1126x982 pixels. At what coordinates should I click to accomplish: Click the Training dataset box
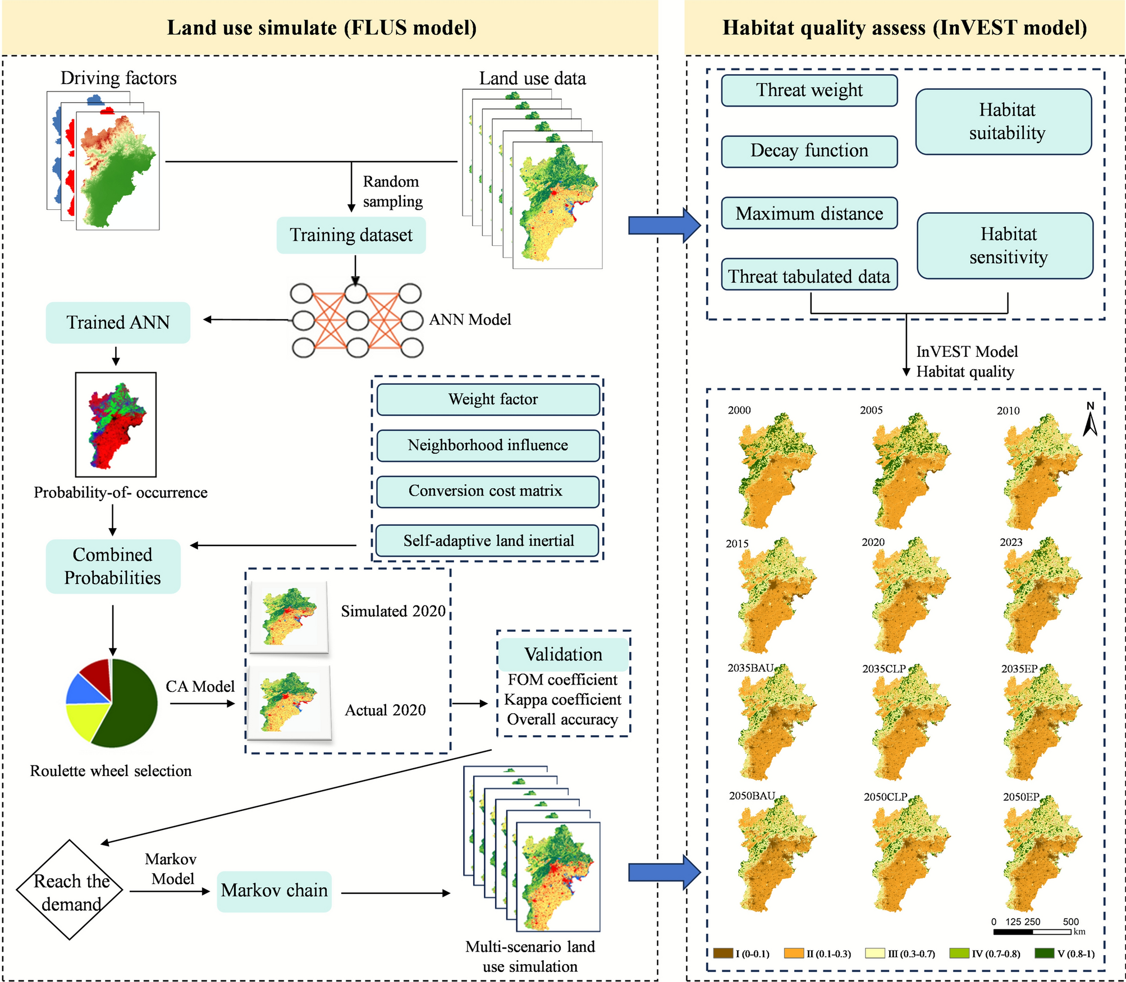tap(351, 235)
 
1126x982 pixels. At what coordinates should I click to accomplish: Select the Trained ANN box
tap(118, 323)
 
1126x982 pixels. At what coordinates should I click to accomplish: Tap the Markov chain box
tap(274, 891)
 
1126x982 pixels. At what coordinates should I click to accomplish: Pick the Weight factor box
tap(488, 400)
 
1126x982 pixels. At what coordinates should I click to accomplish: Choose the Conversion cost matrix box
tap(488, 492)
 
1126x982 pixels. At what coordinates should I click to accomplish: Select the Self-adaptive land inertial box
tap(488, 540)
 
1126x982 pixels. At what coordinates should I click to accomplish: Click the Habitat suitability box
tap(1003, 122)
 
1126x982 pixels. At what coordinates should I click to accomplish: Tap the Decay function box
tap(809, 151)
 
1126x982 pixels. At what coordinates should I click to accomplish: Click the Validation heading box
tap(563, 654)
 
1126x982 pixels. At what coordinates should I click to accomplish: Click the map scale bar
tap(1032, 932)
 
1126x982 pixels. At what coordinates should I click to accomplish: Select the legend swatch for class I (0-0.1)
tap(723, 953)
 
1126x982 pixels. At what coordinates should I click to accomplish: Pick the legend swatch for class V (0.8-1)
tap(1044, 953)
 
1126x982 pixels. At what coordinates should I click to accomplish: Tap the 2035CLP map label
tap(884, 669)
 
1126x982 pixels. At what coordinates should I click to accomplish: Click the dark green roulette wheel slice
tap(129, 707)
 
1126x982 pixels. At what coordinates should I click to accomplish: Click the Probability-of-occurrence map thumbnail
tap(116, 425)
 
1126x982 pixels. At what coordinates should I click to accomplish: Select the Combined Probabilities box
tap(113, 566)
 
